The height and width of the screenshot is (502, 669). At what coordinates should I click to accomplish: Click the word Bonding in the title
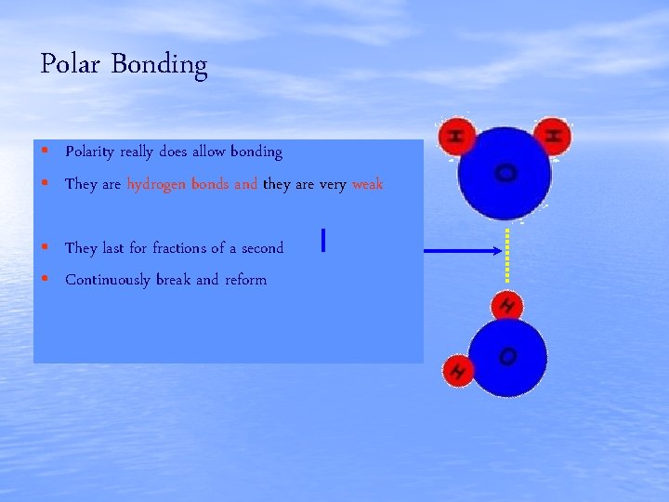159,66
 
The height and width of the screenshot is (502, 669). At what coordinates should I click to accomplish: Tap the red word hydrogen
155,184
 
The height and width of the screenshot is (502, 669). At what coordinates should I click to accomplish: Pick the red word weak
367,184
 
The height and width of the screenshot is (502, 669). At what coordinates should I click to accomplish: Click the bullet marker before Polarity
44,151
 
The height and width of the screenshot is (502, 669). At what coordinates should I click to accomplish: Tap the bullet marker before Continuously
44,279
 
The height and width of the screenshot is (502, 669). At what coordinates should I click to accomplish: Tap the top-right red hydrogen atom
553,136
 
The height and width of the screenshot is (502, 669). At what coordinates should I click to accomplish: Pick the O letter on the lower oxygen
507,356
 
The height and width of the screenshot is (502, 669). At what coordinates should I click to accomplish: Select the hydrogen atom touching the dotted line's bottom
507,304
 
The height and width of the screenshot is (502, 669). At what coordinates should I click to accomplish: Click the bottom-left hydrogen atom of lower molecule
457,371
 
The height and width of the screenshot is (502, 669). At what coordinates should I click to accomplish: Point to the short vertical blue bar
322,241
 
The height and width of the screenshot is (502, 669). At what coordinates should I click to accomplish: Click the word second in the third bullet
262,247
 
